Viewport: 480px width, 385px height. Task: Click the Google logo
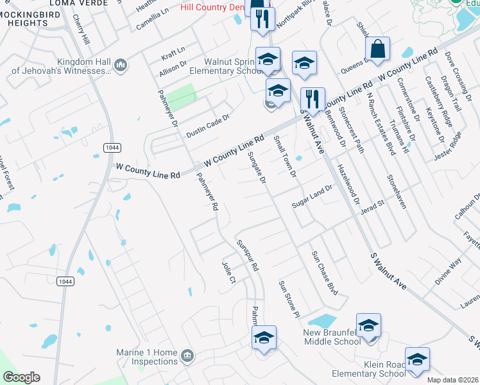(21, 377)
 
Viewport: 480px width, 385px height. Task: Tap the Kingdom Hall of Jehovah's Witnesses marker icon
(120, 65)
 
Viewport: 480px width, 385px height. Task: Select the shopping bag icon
(378, 48)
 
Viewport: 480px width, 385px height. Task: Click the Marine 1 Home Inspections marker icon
(187, 355)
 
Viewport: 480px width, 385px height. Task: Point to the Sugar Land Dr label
(313, 196)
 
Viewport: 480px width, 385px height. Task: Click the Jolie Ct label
(229, 272)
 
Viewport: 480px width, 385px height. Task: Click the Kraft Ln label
(173, 50)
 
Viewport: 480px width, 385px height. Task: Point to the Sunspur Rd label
(247, 255)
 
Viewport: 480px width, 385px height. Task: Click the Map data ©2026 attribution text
(453, 380)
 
